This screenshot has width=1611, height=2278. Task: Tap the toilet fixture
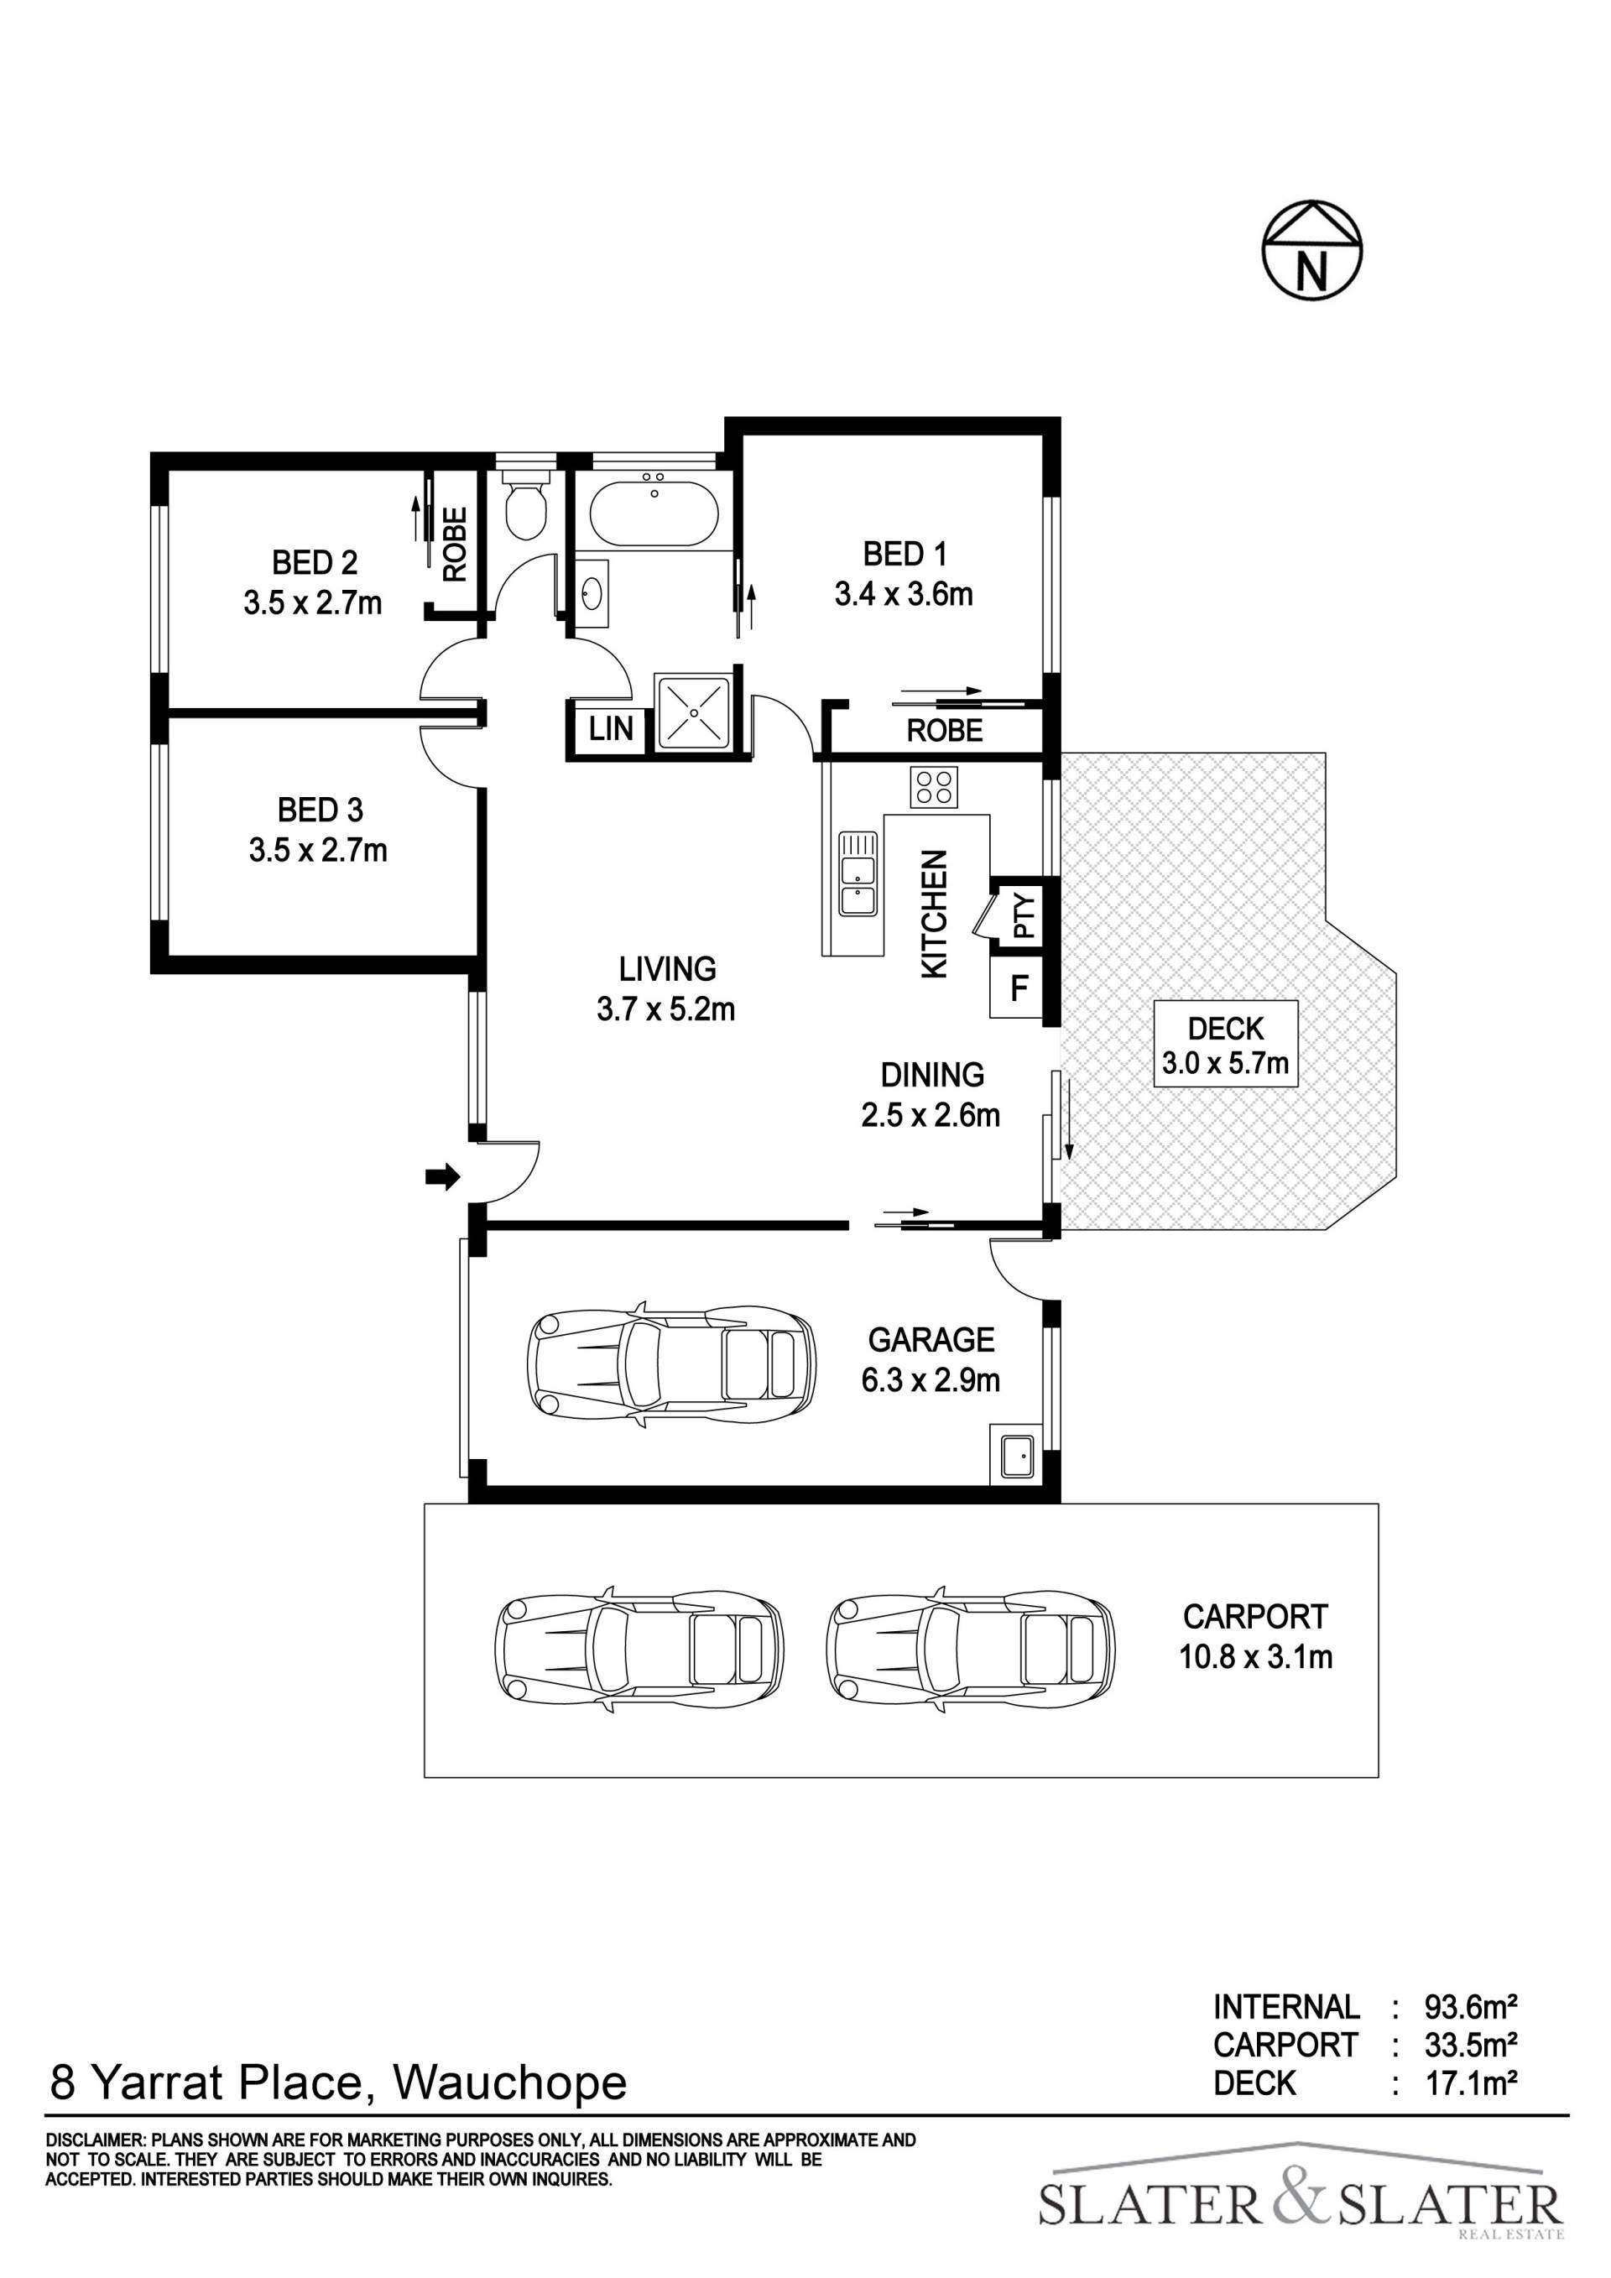point(524,504)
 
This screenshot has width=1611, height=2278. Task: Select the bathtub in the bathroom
point(654,508)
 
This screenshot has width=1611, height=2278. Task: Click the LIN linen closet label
point(610,729)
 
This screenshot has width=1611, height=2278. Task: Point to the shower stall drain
point(692,712)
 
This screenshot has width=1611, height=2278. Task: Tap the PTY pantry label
point(1024,917)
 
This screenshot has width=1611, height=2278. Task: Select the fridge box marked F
point(1018,988)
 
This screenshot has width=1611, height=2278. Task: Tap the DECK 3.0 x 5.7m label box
point(1225,1043)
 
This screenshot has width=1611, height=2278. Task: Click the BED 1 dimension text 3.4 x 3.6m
point(904,594)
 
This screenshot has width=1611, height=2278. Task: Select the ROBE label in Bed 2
point(454,544)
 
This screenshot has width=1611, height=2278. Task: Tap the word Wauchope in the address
point(511,2083)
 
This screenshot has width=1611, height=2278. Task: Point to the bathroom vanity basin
point(592,593)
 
